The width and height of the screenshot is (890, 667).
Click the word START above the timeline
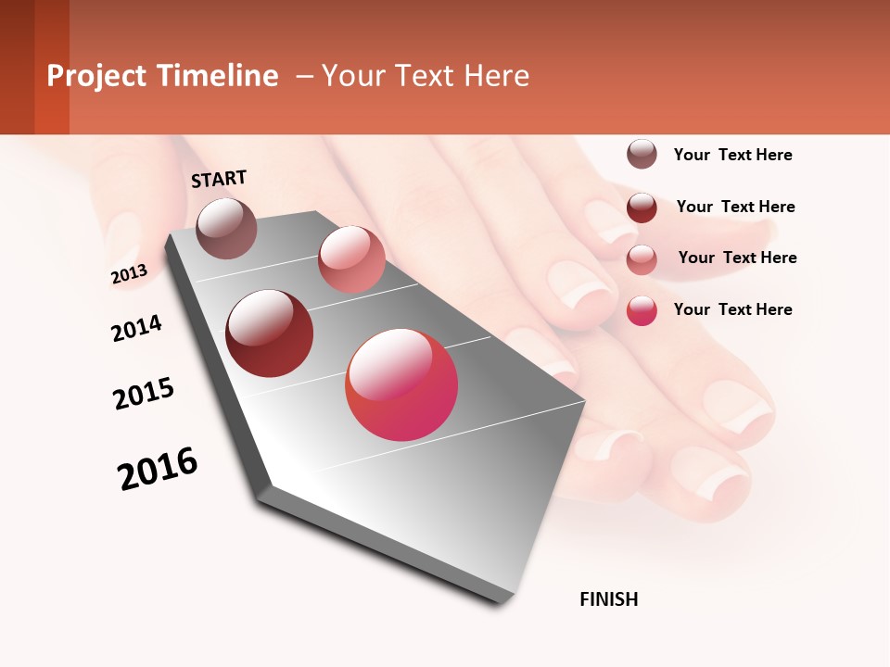(x=219, y=179)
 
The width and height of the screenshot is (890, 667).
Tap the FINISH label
(x=608, y=599)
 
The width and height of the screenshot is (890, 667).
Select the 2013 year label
(x=129, y=274)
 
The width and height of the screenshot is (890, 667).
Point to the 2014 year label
(x=136, y=328)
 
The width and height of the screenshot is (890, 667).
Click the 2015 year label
(x=144, y=394)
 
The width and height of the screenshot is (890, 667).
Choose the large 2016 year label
(x=158, y=468)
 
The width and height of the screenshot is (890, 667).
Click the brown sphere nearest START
(x=227, y=228)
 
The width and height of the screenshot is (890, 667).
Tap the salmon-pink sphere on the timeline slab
(x=351, y=259)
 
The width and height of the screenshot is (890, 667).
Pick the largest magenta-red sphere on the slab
(x=401, y=384)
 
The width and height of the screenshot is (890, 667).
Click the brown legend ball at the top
(x=642, y=154)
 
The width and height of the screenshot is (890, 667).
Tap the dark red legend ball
(x=642, y=207)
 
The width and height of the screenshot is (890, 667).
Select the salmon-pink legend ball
(x=642, y=258)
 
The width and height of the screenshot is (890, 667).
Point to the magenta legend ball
(x=642, y=309)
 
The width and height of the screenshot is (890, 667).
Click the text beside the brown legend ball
(x=732, y=155)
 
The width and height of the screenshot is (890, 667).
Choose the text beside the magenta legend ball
(x=732, y=309)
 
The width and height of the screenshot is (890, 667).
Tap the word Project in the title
(x=95, y=76)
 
